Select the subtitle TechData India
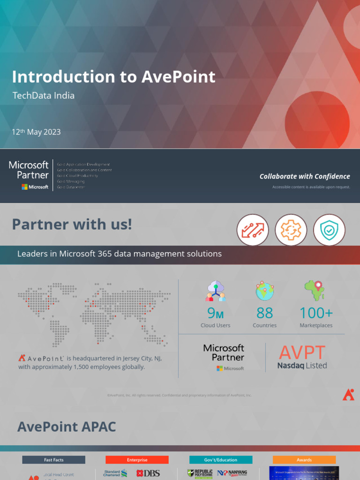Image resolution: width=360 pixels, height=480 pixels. pyautogui.click(x=43, y=96)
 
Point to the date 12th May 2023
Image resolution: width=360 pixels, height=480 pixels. pyautogui.click(x=36, y=132)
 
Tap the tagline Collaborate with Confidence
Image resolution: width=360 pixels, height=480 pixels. pyautogui.click(x=305, y=176)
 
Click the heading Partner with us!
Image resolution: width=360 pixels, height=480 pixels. pyautogui.click(x=72, y=225)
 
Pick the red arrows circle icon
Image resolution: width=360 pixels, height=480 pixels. pyautogui.click(x=253, y=230)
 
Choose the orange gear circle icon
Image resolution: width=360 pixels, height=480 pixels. pyautogui.click(x=291, y=230)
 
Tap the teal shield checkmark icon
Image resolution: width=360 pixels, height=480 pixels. pyautogui.click(x=329, y=230)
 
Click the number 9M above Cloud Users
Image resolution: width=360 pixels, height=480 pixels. pyautogui.click(x=216, y=313)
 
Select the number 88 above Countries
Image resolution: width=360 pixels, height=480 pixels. pyautogui.click(x=265, y=313)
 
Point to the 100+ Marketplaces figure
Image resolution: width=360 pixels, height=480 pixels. pyautogui.click(x=316, y=313)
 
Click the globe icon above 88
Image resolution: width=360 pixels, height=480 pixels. pyautogui.click(x=265, y=291)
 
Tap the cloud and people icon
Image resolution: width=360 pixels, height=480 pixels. pyautogui.click(x=216, y=291)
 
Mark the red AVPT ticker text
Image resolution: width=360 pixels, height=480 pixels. pyautogui.click(x=302, y=352)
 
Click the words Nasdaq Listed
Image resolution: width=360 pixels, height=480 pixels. pyautogui.click(x=302, y=366)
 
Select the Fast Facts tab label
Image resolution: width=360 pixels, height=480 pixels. pyautogui.click(x=53, y=460)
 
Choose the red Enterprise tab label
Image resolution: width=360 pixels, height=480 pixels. pyautogui.click(x=137, y=460)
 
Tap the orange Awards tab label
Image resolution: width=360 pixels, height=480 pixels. pyautogui.click(x=304, y=460)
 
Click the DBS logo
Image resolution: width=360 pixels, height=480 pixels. pyautogui.click(x=148, y=473)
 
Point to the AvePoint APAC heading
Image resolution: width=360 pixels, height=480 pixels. pyautogui.click(x=67, y=427)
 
